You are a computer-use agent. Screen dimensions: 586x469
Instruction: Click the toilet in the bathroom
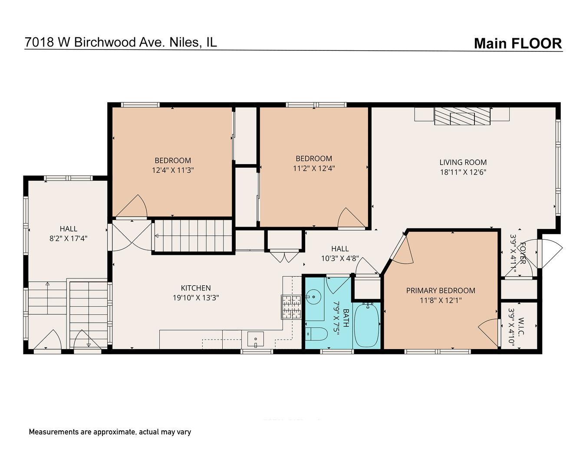coord(316,334)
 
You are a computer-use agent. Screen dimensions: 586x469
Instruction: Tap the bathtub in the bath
coord(366,325)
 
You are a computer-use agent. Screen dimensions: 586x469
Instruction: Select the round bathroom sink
coord(313,297)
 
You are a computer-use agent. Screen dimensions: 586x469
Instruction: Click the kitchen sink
coord(255,339)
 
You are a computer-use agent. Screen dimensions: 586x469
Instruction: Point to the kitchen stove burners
coord(291,307)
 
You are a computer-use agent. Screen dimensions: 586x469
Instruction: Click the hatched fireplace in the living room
coord(462,116)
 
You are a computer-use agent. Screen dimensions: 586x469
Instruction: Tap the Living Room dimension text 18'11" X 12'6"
coord(463,172)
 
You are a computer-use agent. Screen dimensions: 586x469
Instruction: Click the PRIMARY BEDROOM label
coord(441,291)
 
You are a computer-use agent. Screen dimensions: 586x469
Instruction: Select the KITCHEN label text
coord(196,288)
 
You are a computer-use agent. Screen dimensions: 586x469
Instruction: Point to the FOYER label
coord(523,253)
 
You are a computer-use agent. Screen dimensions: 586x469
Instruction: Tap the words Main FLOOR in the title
coord(518,43)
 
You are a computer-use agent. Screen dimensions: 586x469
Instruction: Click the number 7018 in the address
coord(40,42)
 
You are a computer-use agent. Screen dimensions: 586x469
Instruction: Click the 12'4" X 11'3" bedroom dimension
coord(173,170)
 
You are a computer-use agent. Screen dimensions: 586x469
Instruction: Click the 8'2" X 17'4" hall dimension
coord(68,238)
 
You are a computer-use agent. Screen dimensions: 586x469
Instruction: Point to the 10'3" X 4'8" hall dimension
coord(340,258)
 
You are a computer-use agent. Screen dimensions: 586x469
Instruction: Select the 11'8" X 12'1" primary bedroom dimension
coord(441,301)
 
